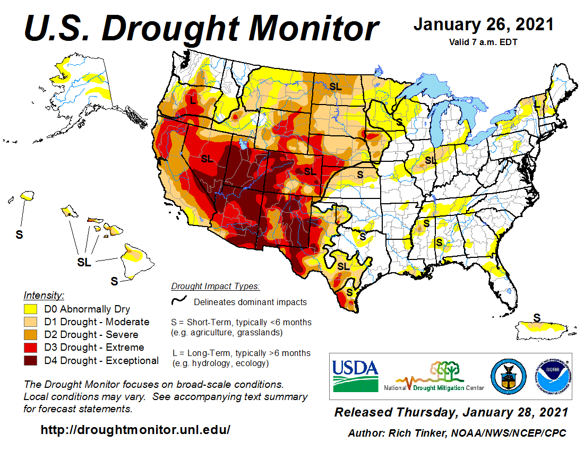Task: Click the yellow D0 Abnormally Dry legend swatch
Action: coord(31,309)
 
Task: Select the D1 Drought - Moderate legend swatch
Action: coord(31,322)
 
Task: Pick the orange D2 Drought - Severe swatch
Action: coord(31,335)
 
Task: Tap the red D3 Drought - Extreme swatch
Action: coord(31,348)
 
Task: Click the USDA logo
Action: coord(355,375)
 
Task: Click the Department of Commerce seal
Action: coord(508,375)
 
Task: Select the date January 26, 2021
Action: coord(483,24)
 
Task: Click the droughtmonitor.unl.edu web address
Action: coord(135,430)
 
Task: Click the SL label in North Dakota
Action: coord(335,86)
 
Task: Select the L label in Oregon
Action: coord(193,99)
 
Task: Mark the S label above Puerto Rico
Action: coord(537,318)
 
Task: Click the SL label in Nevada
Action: coord(207,158)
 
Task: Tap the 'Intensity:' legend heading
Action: coord(44,295)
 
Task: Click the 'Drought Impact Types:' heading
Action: coord(215,287)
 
